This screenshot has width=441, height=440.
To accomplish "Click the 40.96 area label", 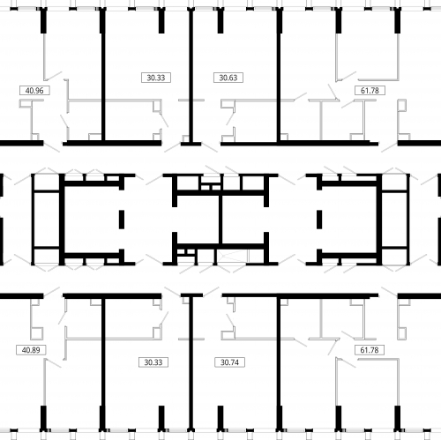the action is click(34, 91).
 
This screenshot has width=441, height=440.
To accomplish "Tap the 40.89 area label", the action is click(31, 350).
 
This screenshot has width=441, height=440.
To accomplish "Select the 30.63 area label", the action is click(228, 78).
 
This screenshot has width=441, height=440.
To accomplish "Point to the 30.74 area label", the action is click(229, 362).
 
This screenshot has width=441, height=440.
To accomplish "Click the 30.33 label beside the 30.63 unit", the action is click(156, 78).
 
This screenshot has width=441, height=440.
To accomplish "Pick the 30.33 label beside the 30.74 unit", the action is click(153, 362).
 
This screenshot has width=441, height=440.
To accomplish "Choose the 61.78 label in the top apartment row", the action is click(370, 91).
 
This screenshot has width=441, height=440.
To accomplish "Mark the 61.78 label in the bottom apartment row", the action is click(370, 350).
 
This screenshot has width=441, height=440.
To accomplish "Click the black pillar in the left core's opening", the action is click(122, 220).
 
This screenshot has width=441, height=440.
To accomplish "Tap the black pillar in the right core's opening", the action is click(319, 220).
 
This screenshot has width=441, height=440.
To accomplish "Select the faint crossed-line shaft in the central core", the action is click(233, 256).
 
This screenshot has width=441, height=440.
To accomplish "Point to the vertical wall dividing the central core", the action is click(220, 220).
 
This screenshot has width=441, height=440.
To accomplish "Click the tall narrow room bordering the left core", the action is click(47, 220).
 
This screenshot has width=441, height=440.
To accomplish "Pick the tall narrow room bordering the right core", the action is click(394, 220).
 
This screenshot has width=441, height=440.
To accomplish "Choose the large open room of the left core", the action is click(92, 220).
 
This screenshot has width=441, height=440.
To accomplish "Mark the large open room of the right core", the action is click(349, 220).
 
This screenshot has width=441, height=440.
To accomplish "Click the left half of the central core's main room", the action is click(198, 220).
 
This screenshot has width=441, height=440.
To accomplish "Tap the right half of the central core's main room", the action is click(243, 220).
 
